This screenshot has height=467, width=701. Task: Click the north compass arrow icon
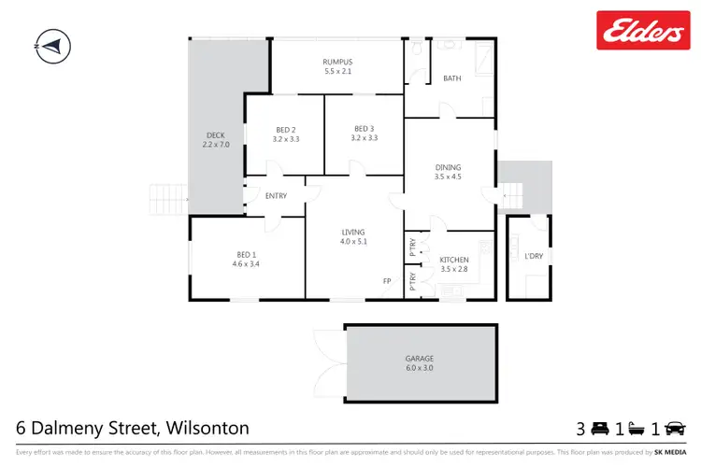pyautogui.click(x=52, y=44)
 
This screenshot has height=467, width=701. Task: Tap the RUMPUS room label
pyautogui.click(x=337, y=62)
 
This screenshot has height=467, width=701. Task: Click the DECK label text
pyautogui.click(x=215, y=134)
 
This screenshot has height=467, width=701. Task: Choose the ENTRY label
pyautogui.click(x=276, y=196)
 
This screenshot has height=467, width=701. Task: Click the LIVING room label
pyautogui.click(x=353, y=232)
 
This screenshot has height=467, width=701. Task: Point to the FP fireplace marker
pyautogui.click(x=387, y=281)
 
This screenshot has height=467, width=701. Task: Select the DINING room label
pyautogui.click(x=448, y=168)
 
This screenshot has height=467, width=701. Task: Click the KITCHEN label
pyautogui.click(x=454, y=260)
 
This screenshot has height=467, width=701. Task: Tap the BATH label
pyautogui.click(x=452, y=78)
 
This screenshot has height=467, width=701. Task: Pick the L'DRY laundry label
pyautogui.click(x=534, y=256)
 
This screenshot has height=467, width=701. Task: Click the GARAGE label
pyautogui.click(x=420, y=358)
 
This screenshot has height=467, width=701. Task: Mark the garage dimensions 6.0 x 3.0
pyautogui.click(x=420, y=368)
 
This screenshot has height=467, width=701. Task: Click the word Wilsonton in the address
pyautogui.click(x=207, y=429)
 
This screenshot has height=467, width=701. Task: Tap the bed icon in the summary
pyautogui.click(x=598, y=430)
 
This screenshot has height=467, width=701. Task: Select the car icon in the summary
pyautogui.click(x=679, y=430)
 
